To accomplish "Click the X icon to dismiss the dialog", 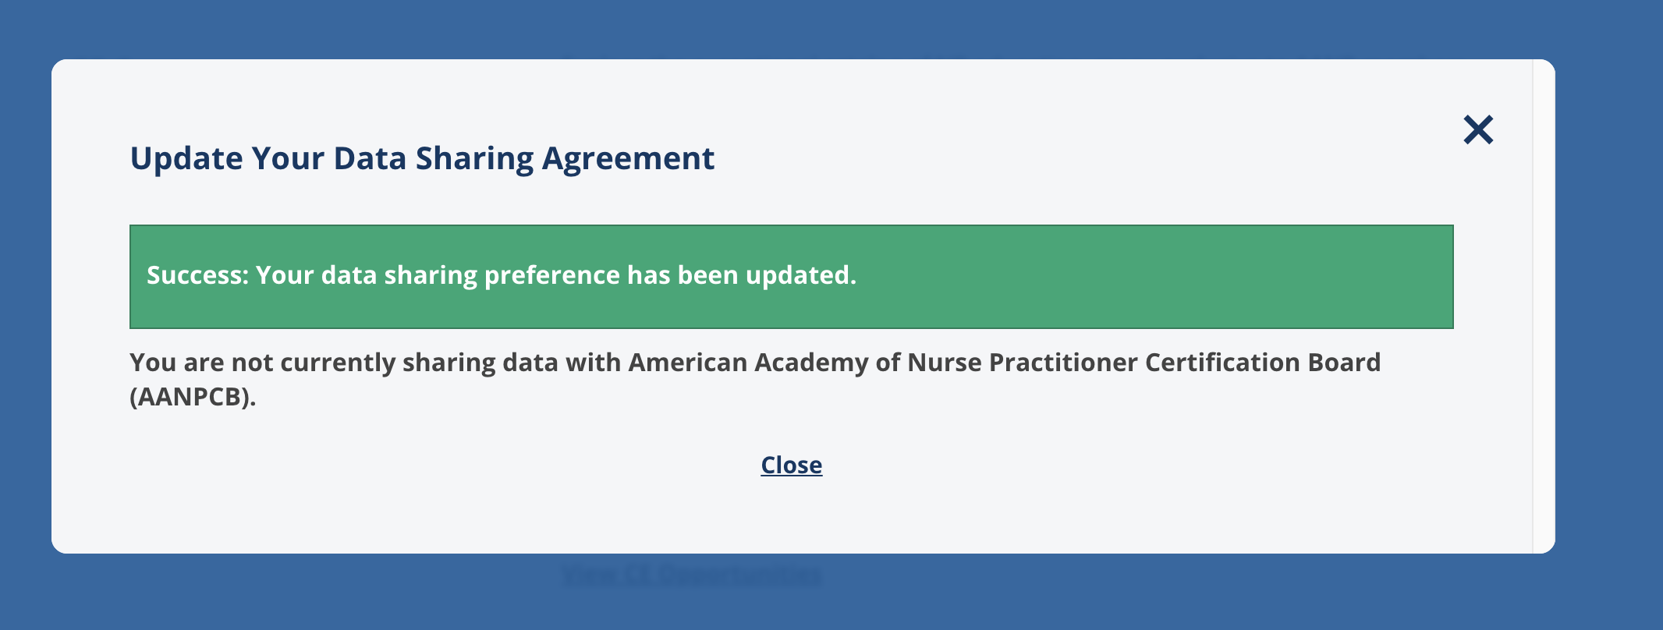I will [1477, 130].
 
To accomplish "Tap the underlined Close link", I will [791, 465].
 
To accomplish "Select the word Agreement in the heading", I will [628, 159].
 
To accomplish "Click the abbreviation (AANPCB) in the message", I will [193, 398].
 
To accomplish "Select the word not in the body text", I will [252, 363].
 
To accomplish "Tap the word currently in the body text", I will [338, 363].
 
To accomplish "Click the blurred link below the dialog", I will [691, 575].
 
